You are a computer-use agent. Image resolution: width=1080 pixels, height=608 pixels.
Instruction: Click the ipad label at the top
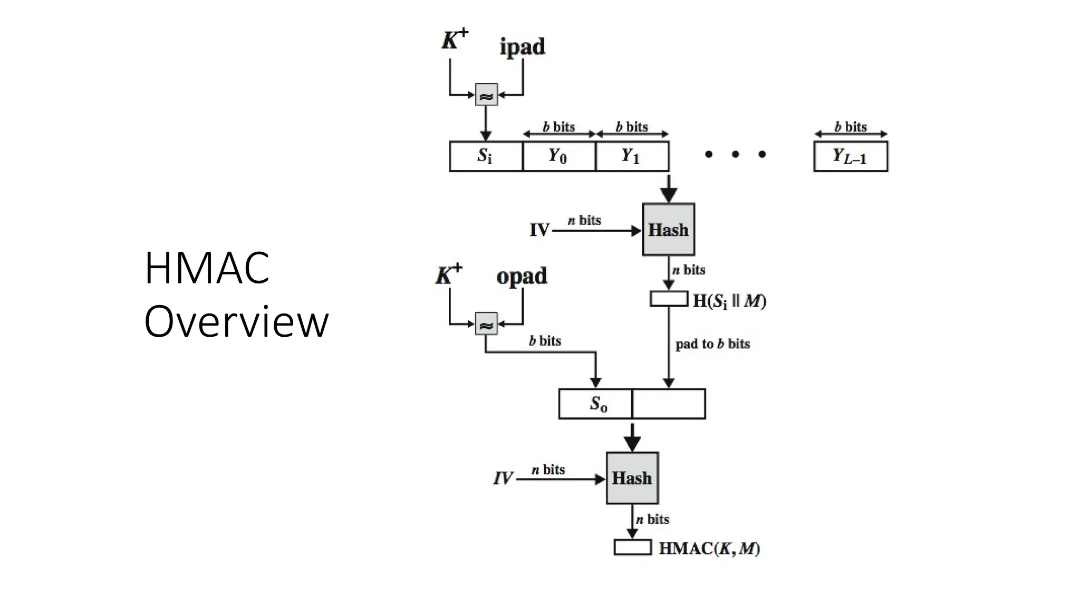pos(522,47)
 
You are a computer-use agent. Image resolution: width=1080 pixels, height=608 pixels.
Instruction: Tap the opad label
pos(522,277)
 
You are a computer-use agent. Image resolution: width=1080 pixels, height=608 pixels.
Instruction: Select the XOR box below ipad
pos(486,95)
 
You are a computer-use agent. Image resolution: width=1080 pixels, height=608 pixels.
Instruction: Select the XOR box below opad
pos(486,324)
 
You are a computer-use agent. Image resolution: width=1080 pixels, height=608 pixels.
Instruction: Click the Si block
pos(486,156)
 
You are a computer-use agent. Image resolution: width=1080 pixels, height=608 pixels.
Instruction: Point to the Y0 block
pos(558,156)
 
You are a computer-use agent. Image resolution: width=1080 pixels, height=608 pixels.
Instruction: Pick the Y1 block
pos(632,156)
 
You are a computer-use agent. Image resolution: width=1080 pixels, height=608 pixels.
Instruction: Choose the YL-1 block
pos(850,156)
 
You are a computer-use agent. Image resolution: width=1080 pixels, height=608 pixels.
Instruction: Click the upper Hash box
pos(668,230)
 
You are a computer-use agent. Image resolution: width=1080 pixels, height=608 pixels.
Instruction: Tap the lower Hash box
pos(632,478)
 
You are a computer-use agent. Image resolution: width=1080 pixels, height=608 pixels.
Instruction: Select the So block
pos(595,404)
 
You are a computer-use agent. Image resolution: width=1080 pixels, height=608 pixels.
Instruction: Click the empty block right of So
pos(669,404)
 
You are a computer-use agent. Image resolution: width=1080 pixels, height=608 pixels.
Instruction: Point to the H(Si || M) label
pos(729,301)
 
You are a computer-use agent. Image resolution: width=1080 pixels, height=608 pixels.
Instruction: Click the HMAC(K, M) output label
pos(709,548)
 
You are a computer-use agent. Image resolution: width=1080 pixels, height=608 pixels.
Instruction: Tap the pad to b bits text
pos(712,344)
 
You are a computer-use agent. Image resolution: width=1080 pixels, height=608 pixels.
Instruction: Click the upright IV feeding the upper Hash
pos(539,230)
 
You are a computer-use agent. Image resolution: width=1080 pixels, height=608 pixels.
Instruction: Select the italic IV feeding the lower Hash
pos(503,479)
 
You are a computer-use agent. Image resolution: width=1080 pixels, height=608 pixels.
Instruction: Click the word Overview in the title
pos(236,322)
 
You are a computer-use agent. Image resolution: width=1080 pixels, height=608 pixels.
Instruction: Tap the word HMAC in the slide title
pos(207,268)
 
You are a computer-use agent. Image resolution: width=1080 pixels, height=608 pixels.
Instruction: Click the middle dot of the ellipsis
pos(735,154)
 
